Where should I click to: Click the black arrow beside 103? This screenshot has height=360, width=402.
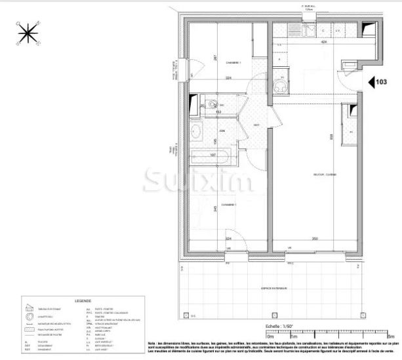coord(371,83)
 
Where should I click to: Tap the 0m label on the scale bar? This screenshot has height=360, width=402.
coord(270,335)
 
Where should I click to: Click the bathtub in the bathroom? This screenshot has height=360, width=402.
coord(209,157)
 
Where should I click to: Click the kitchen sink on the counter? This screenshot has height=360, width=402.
coord(306,30)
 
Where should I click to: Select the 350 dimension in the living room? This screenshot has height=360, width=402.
coord(315,239)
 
